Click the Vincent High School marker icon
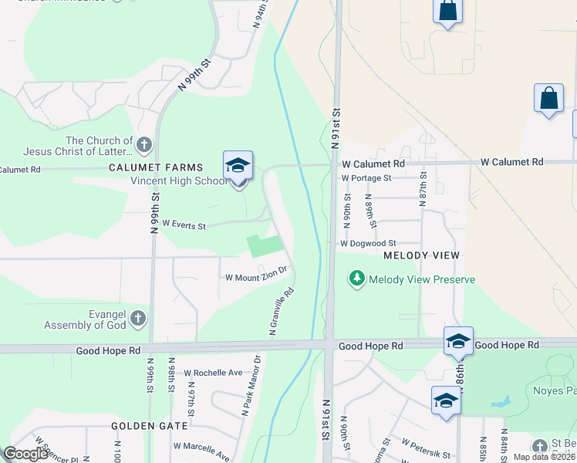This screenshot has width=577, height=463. (238, 166)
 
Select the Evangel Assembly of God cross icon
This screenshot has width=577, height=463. (137, 317)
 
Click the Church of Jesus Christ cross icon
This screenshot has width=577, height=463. (143, 144)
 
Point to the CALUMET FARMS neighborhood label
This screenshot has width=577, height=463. (156, 167)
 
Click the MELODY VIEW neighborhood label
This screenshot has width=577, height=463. (421, 255)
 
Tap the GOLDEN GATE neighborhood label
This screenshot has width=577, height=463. (150, 426)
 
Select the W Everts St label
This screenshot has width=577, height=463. (184, 227)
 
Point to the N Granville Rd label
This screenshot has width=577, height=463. (282, 312)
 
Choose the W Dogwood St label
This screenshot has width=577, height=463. (368, 243)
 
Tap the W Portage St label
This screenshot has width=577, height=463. (366, 177)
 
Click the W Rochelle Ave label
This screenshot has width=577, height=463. (213, 373)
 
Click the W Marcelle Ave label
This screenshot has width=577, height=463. (201, 446)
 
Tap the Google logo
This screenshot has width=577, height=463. (25, 454)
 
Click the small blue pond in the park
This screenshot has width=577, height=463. (501, 402)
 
